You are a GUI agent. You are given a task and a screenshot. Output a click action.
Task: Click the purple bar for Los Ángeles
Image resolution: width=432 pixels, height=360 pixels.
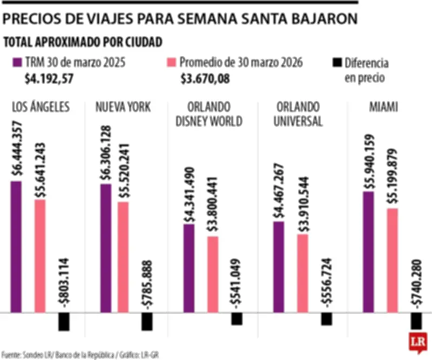[x=16, y=246]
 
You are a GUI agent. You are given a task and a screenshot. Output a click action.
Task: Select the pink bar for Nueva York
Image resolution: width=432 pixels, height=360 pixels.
[x=123, y=257]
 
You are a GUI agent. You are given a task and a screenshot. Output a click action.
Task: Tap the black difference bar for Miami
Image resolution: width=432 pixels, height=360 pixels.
[x=416, y=321]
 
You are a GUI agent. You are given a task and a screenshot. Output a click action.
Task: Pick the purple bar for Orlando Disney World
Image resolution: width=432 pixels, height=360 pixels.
[x=189, y=268]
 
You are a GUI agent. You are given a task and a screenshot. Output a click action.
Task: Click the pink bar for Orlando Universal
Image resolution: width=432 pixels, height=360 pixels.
[x=302, y=273]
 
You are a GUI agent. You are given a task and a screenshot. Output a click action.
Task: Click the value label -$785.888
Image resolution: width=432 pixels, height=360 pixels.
[x=147, y=284]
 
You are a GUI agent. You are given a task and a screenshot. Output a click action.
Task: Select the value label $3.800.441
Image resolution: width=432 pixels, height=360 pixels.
[x=213, y=205]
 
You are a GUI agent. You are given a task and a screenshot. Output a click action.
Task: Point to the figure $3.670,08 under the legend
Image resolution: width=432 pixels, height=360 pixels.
[x=205, y=79]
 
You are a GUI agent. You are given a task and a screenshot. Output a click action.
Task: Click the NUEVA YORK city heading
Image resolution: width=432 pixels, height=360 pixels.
[x=123, y=107]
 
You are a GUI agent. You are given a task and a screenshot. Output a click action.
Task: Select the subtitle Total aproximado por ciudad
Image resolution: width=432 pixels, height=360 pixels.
[x=83, y=42]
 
